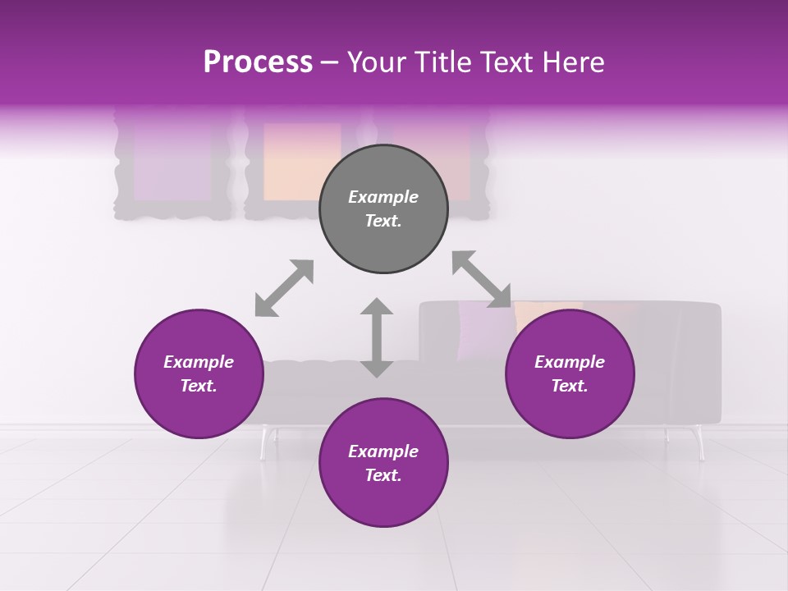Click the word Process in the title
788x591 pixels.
(258, 62)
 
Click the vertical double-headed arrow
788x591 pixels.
(377, 337)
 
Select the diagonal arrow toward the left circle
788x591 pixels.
(284, 288)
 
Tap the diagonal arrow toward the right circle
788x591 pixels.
(481, 279)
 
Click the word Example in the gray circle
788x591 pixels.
(383, 197)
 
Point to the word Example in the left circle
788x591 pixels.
(199, 362)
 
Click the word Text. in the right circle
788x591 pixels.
(570, 386)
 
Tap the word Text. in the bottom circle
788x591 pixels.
(383, 475)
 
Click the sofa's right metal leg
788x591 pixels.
(699, 443)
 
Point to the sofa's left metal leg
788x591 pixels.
(265, 443)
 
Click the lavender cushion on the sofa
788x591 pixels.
(484, 328)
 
